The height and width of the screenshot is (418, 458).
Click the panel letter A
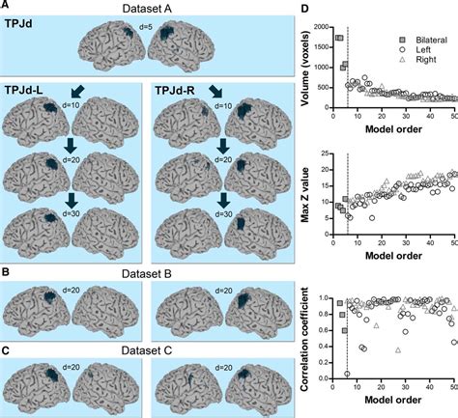(6, 7)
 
